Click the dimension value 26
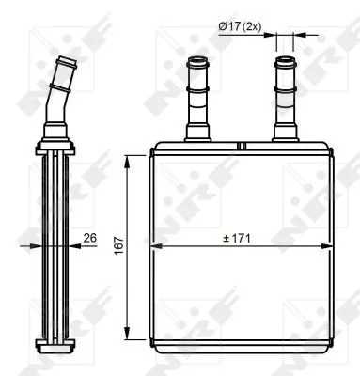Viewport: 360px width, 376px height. pos(90,238)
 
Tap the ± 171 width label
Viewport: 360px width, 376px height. pos(241,239)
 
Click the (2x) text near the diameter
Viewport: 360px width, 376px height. pos(249,26)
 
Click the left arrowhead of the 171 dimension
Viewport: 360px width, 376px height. pos(156,248)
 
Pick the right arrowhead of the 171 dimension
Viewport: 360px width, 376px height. pos(325,248)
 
